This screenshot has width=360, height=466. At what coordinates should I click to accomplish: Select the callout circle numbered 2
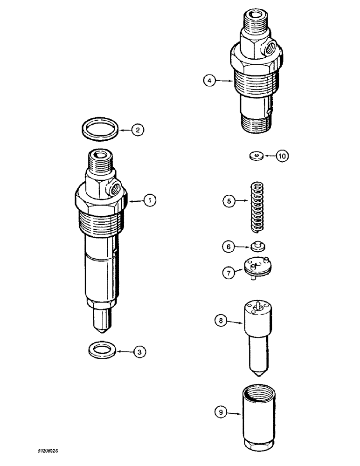(x=137, y=130)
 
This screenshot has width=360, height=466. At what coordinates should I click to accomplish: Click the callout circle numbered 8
(x=222, y=320)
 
